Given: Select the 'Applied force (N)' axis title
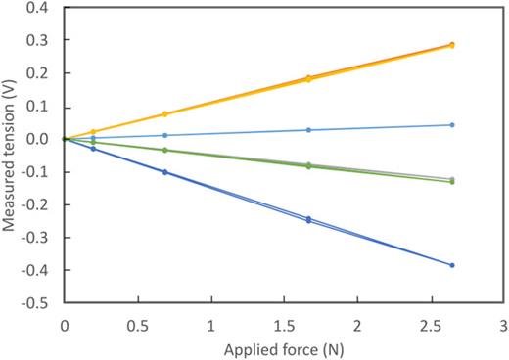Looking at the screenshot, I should pyautogui.click(x=282, y=346).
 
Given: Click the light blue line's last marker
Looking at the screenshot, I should pyautogui.click(x=451, y=124).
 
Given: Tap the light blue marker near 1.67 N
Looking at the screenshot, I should pyautogui.click(x=308, y=130).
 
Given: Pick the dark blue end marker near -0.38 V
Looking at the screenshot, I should pyautogui.click(x=451, y=265).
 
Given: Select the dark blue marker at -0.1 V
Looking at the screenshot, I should pyautogui.click(x=164, y=172).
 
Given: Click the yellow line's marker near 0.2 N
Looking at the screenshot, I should pyautogui.click(x=93, y=132).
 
